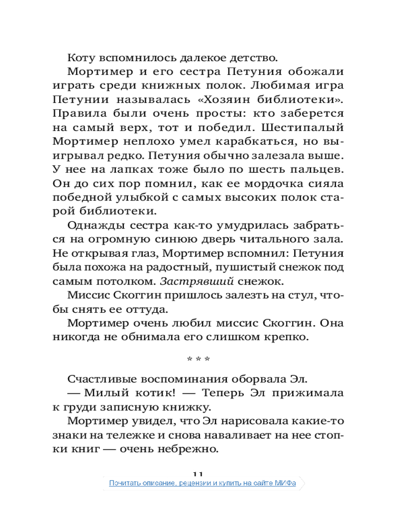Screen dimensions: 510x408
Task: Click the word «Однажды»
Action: click(x=91, y=225)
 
